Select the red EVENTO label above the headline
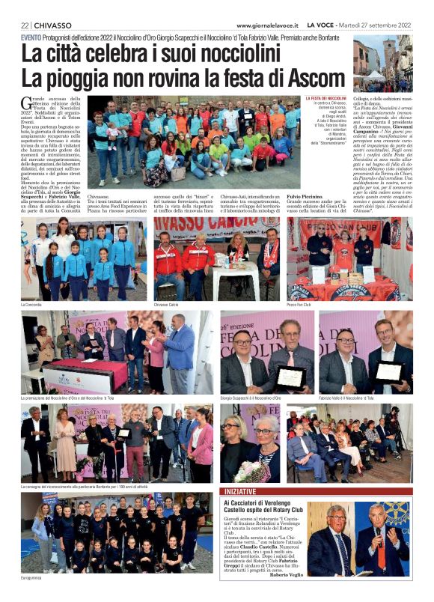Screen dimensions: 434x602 [x=31, y=37]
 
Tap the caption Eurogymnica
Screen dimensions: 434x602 [x=34, y=579]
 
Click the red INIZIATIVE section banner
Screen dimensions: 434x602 [x=241, y=491]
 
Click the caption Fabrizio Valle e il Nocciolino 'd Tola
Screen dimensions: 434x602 [x=346, y=398]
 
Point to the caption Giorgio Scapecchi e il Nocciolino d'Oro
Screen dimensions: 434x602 [x=251, y=398]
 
